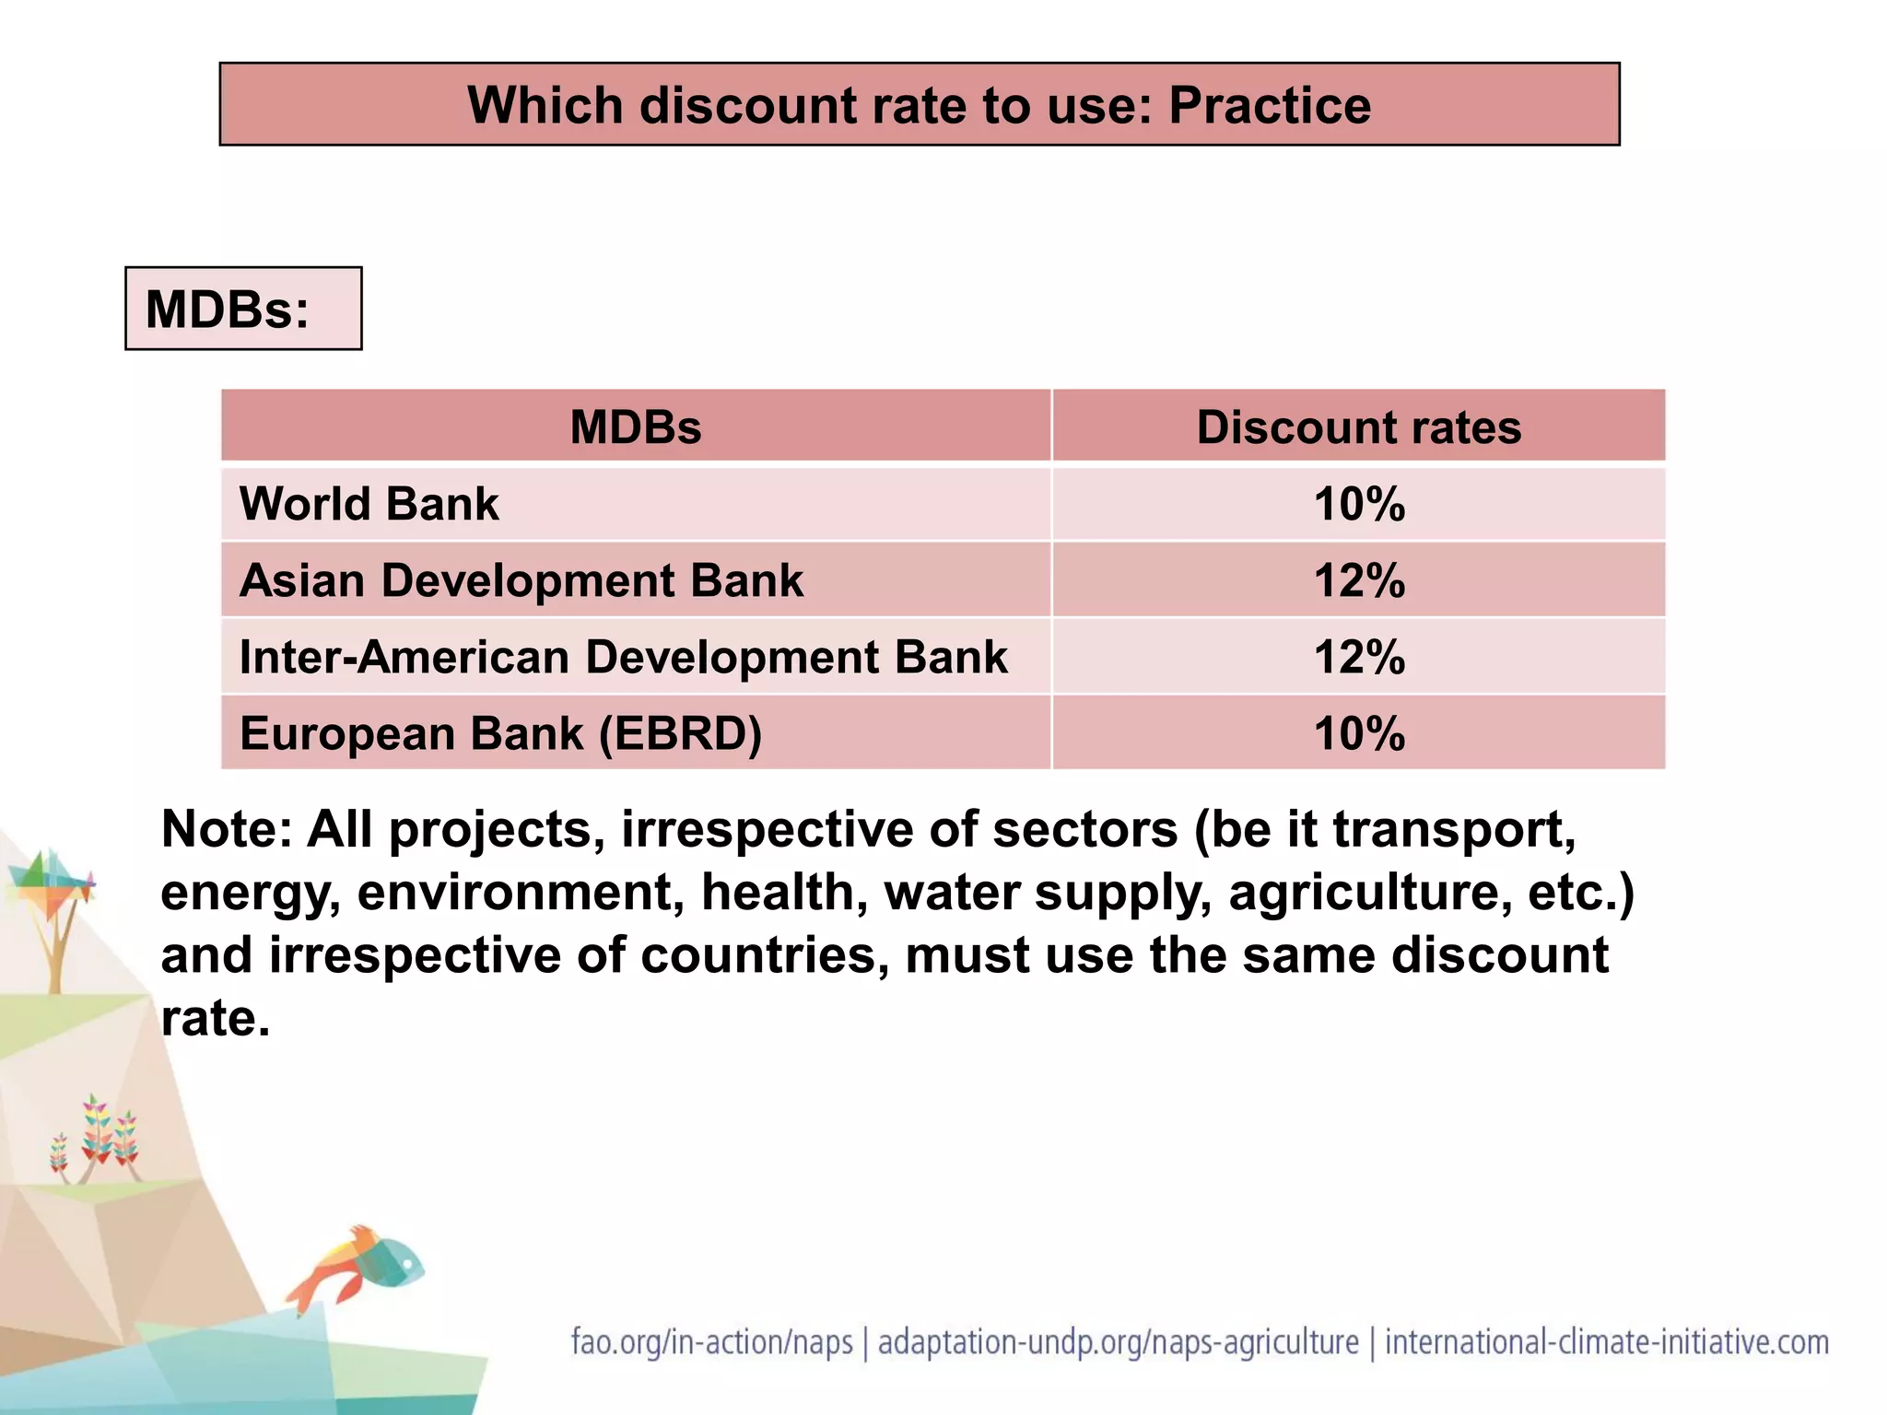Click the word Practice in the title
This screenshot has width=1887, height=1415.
pyautogui.click(x=1269, y=106)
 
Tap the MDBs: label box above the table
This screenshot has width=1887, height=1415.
pyautogui.click(x=243, y=309)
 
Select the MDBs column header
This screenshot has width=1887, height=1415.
pyautogui.click(x=635, y=427)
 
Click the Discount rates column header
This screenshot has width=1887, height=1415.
pyautogui.click(x=1358, y=427)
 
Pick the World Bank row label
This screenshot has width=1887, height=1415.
pyautogui.click(x=369, y=504)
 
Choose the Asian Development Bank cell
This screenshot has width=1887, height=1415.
pyautogui.click(x=521, y=580)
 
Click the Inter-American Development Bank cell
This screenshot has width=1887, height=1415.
pyautogui.click(x=623, y=657)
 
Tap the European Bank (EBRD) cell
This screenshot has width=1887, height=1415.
pyautogui.click(x=500, y=734)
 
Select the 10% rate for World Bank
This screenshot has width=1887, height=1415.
pyautogui.click(x=1359, y=504)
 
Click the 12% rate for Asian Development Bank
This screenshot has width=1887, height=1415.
pyautogui.click(x=1359, y=580)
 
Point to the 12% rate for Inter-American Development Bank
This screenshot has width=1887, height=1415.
pyautogui.click(x=1359, y=657)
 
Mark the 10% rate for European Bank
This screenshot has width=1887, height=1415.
pyautogui.click(x=1359, y=734)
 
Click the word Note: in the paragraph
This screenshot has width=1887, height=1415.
pyautogui.click(x=226, y=829)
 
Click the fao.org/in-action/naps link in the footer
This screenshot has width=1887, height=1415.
pyautogui.click(x=711, y=1342)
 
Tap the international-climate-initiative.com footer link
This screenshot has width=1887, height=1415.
pyautogui.click(x=1606, y=1342)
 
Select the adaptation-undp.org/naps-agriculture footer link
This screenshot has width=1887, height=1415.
pyautogui.click(x=1118, y=1342)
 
